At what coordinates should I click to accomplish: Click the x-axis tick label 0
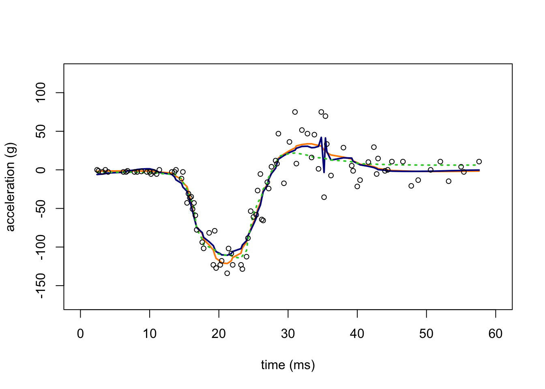[x=80, y=334]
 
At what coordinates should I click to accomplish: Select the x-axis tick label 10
[x=150, y=334]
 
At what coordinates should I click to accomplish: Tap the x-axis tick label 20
[x=219, y=334]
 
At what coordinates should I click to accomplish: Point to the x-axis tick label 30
[x=288, y=334]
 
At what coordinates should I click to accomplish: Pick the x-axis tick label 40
[x=357, y=334]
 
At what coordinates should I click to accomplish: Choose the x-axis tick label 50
[x=427, y=334]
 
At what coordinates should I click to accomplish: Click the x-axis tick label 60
[x=496, y=334]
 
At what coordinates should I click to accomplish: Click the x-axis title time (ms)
[x=288, y=365]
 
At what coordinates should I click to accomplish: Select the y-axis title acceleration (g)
[x=11, y=187]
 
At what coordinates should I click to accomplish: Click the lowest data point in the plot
[x=227, y=273]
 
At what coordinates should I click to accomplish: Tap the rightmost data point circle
[x=479, y=162]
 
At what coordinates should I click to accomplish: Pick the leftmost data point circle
[x=97, y=170]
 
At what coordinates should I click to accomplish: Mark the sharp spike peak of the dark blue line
[x=321, y=137]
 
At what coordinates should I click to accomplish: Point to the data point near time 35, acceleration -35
[x=324, y=197]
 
